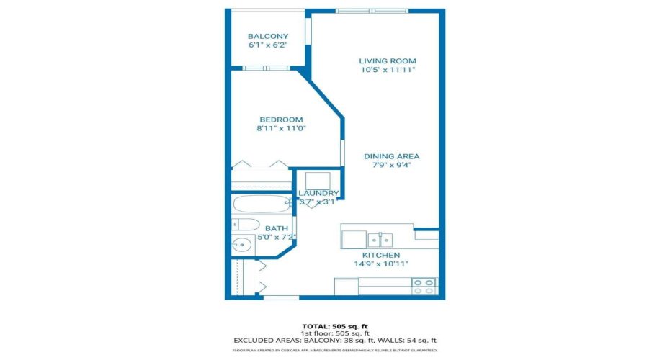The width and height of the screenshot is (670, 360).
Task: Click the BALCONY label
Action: [x=267, y=37]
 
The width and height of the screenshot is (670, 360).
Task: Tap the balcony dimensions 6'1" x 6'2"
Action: [x=267, y=45]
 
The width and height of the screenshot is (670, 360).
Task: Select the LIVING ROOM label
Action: [x=388, y=61]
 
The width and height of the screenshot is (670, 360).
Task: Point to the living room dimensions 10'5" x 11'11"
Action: [x=388, y=71]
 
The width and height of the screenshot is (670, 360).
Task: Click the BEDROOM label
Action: [x=281, y=120]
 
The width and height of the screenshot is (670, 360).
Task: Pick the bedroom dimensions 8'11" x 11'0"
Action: [x=281, y=129]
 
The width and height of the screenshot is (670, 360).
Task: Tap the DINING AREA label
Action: [x=391, y=156]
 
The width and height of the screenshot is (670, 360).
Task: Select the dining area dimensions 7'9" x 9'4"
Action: [x=391, y=165]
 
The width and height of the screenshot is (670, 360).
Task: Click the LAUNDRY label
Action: [x=318, y=193]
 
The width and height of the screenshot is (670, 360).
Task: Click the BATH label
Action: [x=256, y=228]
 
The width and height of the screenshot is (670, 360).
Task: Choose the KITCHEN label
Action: [x=380, y=256]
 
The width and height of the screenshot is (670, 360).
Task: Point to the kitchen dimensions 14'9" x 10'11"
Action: [x=380, y=264]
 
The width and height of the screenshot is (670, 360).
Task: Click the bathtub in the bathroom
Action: [x=259, y=204]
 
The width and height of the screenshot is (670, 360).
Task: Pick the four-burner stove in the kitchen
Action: [x=424, y=286]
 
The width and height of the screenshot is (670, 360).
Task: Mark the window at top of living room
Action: [x=372, y=11]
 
